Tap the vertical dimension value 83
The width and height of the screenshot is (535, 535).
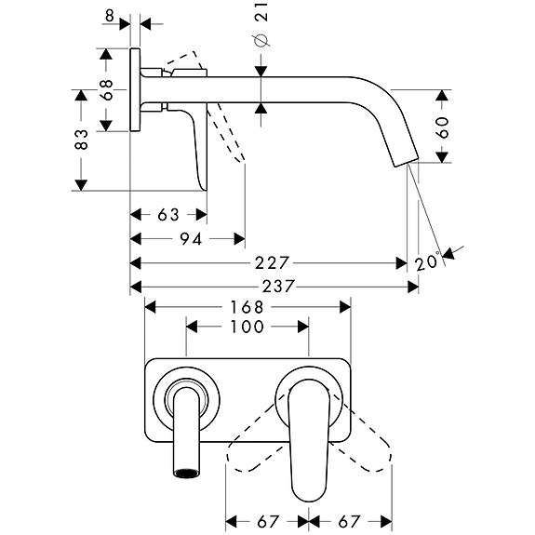coord(82,140)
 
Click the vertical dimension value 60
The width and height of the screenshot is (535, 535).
coord(442,127)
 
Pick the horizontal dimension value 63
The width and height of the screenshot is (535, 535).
coord(168,215)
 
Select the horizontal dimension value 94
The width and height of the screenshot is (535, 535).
coord(190,239)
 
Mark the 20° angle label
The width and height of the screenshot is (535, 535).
coord(428,263)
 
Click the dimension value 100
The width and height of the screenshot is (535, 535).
coord(247,327)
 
